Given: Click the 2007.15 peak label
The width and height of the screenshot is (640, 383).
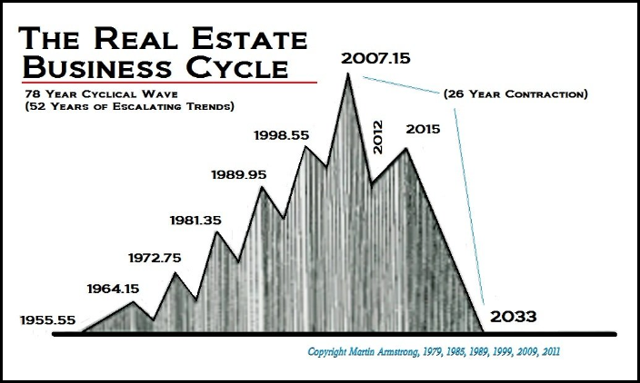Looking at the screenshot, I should (x=375, y=58).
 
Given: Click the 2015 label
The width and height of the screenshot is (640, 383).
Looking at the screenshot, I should (x=423, y=130).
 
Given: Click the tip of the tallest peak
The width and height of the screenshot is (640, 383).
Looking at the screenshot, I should (x=348, y=74).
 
